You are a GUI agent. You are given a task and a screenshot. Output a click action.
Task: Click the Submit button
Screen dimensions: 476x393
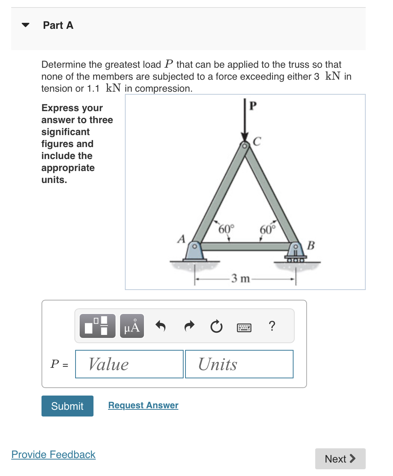(67, 406)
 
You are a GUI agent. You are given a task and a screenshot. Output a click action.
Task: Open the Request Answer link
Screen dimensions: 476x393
(143, 405)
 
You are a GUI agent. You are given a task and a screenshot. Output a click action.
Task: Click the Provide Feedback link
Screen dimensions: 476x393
(53, 454)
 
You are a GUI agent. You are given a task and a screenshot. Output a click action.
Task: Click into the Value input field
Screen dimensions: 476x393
(129, 364)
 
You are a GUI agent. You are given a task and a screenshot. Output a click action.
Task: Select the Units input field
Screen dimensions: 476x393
(239, 364)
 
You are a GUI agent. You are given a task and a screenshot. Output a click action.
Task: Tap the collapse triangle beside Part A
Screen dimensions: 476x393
(25, 25)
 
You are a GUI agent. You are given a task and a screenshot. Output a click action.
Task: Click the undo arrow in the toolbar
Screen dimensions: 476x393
(160, 326)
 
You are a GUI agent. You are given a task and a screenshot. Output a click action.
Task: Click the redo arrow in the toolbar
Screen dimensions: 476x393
(190, 326)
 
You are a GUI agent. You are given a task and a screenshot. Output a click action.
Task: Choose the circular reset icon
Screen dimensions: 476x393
(216, 327)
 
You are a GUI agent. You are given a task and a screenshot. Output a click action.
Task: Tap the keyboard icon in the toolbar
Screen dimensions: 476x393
(244, 328)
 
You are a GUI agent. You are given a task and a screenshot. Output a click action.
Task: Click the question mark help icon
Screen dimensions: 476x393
(272, 326)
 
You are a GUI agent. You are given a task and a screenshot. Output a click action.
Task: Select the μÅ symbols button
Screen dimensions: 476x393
(132, 326)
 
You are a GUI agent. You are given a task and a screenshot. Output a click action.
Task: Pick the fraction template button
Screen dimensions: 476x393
(98, 326)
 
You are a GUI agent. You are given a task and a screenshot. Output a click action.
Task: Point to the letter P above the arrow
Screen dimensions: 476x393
(253, 106)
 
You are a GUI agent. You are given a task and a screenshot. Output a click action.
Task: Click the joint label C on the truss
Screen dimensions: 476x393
(257, 141)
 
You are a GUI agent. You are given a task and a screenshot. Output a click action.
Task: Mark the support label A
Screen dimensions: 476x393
(181, 239)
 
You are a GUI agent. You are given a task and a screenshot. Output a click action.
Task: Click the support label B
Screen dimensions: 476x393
(311, 245)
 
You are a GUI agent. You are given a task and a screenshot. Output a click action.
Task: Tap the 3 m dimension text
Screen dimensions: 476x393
(240, 278)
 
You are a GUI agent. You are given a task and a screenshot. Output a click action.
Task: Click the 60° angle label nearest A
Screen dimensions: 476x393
(226, 229)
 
